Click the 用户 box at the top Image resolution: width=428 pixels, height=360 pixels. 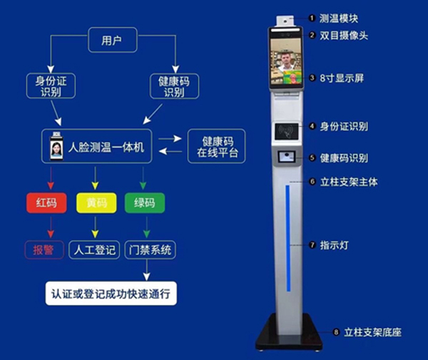coord(112,40)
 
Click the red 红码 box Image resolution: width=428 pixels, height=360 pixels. coord(46,203)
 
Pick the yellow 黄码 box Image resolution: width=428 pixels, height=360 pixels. coord(96,203)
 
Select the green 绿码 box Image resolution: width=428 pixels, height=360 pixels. coord(145,203)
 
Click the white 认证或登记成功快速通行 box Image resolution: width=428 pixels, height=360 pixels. coord(111,293)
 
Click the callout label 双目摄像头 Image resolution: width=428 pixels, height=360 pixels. coord(344,35)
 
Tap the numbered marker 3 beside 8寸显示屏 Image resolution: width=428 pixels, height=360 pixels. coord(312,77)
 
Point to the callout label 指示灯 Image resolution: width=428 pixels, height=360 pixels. coord(334,245)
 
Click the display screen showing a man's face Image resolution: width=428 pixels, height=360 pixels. coord(287,61)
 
